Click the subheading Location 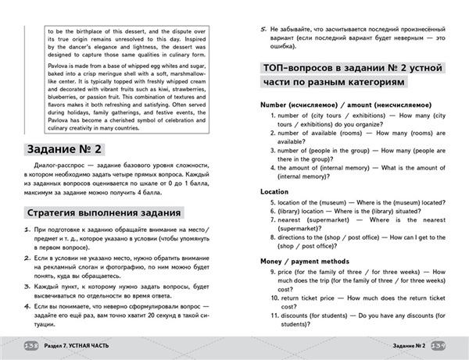274,191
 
